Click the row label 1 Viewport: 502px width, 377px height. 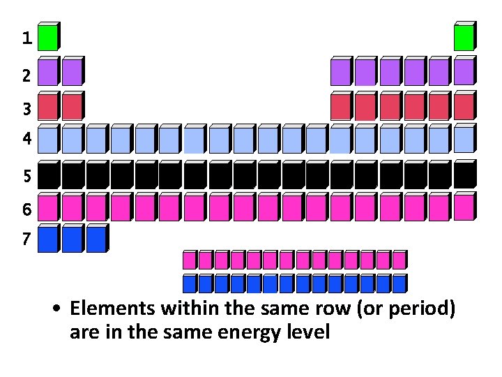click(x=26, y=39)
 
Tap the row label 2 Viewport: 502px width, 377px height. click(x=26, y=75)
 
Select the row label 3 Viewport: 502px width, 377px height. click(x=26, y=110)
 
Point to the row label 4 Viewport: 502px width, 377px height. click(x=26, y=139)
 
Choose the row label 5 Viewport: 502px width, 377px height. click(x=26, y=177)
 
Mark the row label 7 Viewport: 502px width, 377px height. click(x=26, y=239)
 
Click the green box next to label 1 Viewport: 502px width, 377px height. click(x=48, y=38)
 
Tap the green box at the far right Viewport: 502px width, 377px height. click(x=464, y=38)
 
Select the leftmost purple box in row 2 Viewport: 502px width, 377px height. click(x=48, y=73)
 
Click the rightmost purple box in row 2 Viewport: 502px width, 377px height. click(x=464, y=72)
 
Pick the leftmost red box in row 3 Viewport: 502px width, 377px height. click(x=48, y=107)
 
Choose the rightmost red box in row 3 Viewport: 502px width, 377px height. click(x=464, y=107)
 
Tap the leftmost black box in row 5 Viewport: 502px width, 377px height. click(x=48, y=176)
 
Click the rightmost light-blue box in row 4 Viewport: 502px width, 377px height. click(x=464, y=140)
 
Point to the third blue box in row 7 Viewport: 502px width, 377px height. click(x=96, y=240)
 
